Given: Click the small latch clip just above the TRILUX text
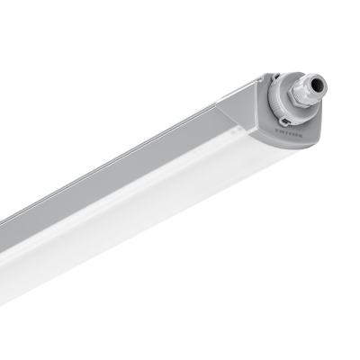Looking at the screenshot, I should [285, 121].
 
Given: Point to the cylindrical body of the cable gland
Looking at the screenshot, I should [311, 90].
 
